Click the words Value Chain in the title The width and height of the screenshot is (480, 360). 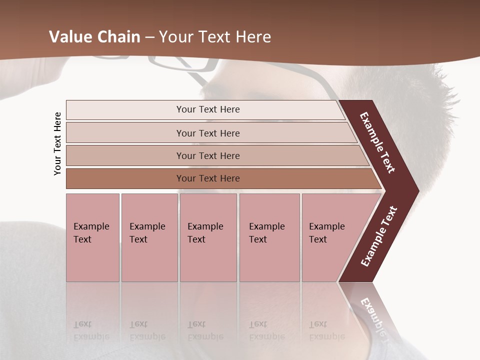[95, 37]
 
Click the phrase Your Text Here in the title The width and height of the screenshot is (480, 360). [215, 37]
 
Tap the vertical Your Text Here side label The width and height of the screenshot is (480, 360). [57, 144]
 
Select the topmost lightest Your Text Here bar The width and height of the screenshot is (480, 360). [207, 109]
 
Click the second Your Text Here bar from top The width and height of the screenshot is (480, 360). [207, 133]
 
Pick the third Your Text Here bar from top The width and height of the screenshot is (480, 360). [207, 155]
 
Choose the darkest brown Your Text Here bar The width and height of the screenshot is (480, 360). [207, 178]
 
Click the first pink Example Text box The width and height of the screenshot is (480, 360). [92, 237]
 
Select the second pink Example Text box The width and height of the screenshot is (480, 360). [149, 237]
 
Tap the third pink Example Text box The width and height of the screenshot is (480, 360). [208, 237]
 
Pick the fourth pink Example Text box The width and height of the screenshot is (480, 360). [269, 237]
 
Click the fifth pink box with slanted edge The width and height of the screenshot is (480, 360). [330, 237]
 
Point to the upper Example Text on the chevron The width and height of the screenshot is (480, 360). [377, 142]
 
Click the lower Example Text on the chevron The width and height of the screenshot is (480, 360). [379, 236]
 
